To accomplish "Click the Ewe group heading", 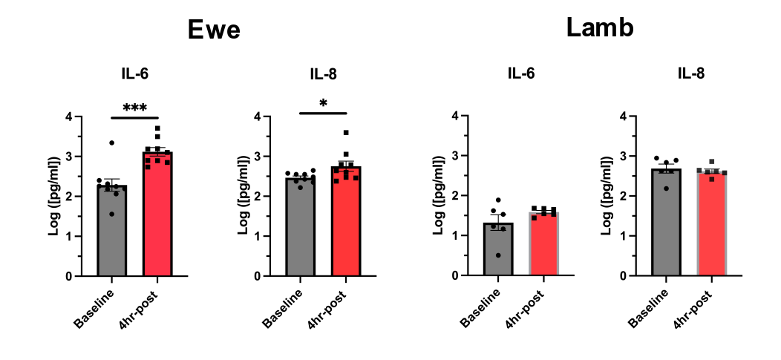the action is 214,30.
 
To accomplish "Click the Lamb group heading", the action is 600,28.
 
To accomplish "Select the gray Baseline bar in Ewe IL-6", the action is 112,230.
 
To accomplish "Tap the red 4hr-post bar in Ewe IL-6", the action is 157,214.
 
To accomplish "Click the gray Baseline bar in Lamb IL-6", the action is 498,249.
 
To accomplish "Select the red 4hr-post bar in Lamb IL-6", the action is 544,243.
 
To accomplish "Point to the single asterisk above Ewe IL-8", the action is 323,104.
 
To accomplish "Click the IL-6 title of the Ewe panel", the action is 134,74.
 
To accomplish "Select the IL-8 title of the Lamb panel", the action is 691,73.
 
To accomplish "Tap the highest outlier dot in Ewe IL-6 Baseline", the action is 112,143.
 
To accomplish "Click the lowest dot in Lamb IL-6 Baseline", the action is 497,255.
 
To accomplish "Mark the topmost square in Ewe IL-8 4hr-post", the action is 346,132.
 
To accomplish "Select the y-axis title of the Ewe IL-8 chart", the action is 243,195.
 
